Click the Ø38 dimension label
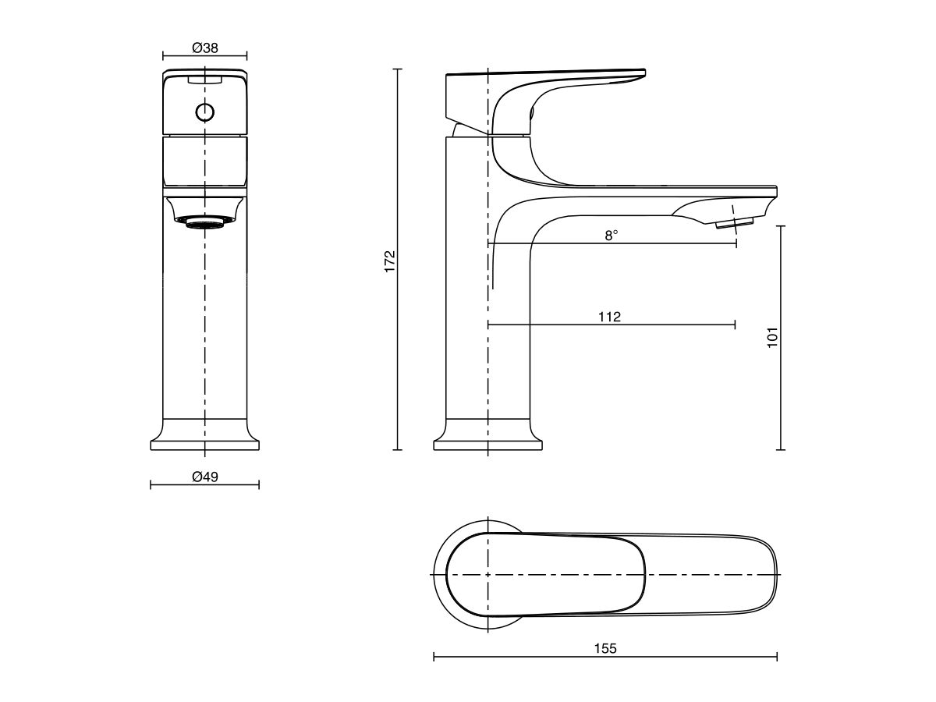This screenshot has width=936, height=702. [204, 48]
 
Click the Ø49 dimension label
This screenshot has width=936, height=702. [204, 477]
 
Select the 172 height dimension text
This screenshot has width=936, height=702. [391, 260]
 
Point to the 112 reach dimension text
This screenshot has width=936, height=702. [609, 316]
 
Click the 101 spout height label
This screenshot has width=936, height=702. [773, 337]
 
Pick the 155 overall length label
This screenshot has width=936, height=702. [605, 648]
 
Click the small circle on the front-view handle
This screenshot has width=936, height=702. [204, 112]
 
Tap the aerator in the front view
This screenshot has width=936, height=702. [204, 222]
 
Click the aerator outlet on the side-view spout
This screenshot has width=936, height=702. [734, 225]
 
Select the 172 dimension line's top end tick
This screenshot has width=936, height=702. [398, 69]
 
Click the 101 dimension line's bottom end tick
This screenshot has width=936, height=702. [781, 450]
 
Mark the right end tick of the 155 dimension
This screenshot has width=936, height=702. [777, 658]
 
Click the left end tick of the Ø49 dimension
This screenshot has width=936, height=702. [151, 484]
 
